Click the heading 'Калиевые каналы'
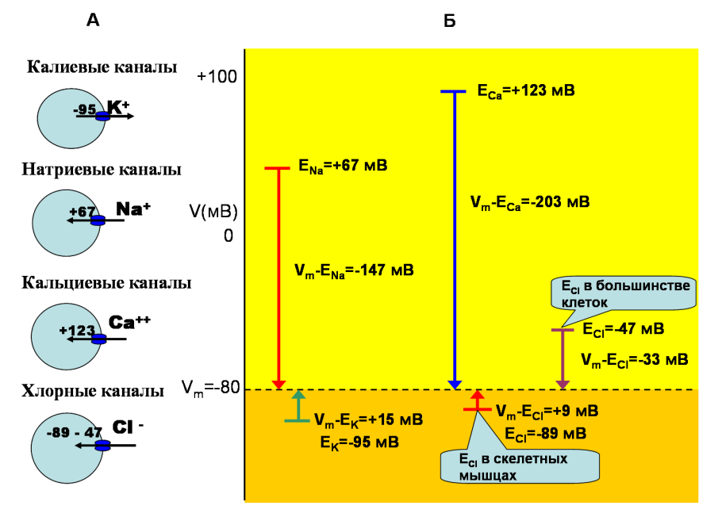point(102,67)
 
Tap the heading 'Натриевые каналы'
point(102,170)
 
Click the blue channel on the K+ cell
point(102,117)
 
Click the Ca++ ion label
point(129,322)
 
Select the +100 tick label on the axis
point(217,77)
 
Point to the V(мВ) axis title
point(213,212)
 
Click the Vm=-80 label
point(210,389)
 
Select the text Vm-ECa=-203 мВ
point(529,202)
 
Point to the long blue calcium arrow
point(454,238)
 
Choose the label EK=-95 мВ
point(359,442)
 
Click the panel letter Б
point(449,21)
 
